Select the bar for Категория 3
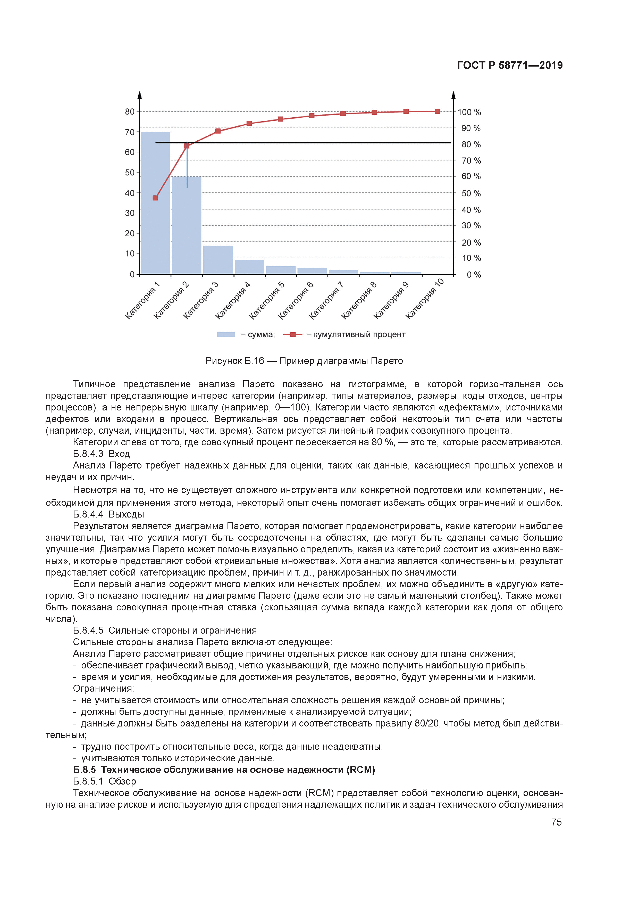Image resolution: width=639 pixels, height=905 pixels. pyautogui.click(x=218, y=260)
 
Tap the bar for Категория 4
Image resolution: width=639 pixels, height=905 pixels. pyautogui.click(x=249, y=267)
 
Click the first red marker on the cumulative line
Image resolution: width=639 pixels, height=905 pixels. pyautogui.click(x=155, y=198)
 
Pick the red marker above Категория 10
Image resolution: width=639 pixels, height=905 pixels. pyautogui.click(x=437, y=111)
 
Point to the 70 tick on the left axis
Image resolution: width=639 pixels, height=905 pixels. pyautogui.click(x=130, y=132)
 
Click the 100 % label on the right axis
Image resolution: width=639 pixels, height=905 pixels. pyautogui.click(x=469, y=112)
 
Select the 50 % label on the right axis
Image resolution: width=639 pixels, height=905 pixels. pyautogui.click(x=471, y=193)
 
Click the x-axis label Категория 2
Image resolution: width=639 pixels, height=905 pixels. pyautogui.click(x=171, y=301)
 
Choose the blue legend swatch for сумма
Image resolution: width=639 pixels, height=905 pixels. pyautogui.click(x=226, y=335)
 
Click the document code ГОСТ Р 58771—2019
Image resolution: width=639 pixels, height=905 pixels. pyautogui.click(x=509, y=66)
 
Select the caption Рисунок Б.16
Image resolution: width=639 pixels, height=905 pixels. pyautogui.click(x=235, y=361)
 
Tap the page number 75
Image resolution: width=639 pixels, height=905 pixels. pyautogui.click(x=556, y=822)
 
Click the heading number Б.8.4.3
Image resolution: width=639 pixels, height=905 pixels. pyautogui.click(x=88, y=454)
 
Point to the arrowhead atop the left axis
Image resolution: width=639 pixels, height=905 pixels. pyautogui.click(x=139, y=95)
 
